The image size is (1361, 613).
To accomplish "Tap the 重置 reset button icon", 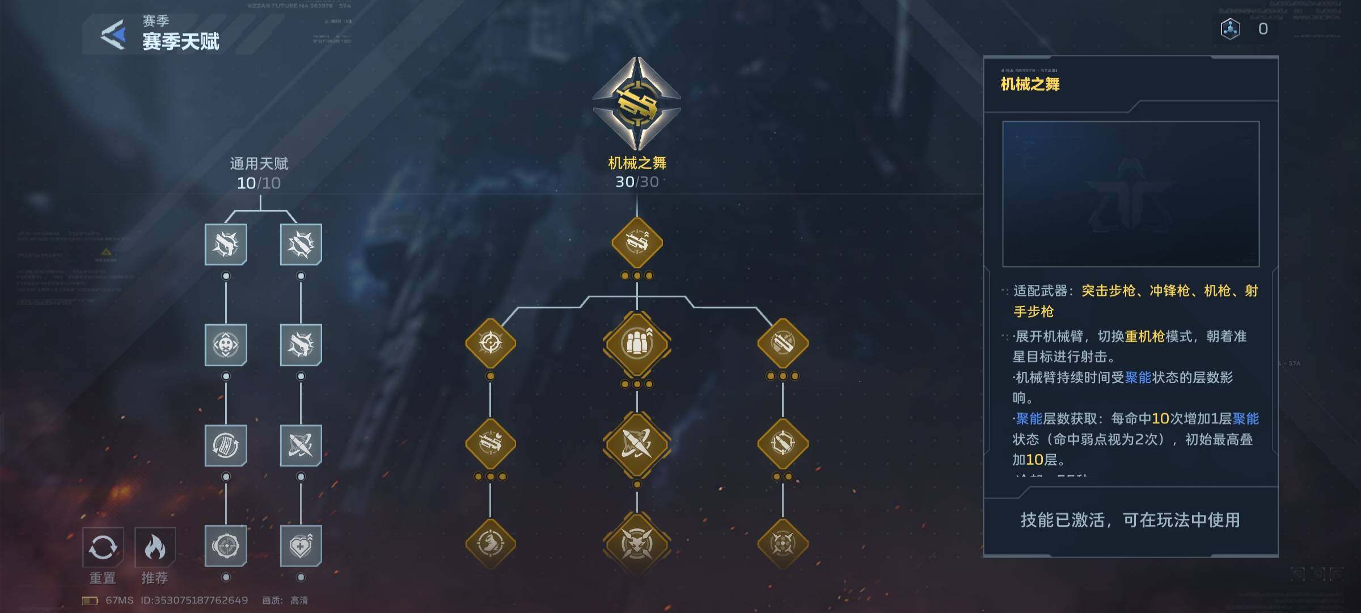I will click(103, 547).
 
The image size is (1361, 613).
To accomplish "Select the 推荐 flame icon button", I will click(155, 547).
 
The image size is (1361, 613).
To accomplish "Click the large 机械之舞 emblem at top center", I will click(637, 103).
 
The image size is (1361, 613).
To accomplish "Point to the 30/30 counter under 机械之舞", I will click(637, 182).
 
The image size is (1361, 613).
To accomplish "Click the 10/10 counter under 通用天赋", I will click(259, 183).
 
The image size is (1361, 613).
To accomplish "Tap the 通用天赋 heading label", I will click(259, 164).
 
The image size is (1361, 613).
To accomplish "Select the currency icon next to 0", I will click(1230, 29).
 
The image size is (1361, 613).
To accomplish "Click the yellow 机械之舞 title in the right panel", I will click(1030, 85).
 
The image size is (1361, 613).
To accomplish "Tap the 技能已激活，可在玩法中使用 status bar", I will click(1130, 520).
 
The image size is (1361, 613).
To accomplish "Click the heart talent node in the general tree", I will click(301, 546).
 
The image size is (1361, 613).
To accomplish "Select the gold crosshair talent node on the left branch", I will click(491, 343).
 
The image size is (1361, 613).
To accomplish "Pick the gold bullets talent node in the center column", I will click(637, 343).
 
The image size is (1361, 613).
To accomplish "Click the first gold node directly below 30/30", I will click(637, 243).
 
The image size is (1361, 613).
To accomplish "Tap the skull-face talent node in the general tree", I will click(226, 345).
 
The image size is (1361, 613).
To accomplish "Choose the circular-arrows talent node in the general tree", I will click(226, 445).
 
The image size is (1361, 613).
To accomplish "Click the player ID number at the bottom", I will click(194, 600).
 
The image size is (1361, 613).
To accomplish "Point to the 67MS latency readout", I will click(119, 600).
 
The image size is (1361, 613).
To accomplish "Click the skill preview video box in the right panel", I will click(1131, 194).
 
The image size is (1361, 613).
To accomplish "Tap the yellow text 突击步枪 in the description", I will click(1108, 291).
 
